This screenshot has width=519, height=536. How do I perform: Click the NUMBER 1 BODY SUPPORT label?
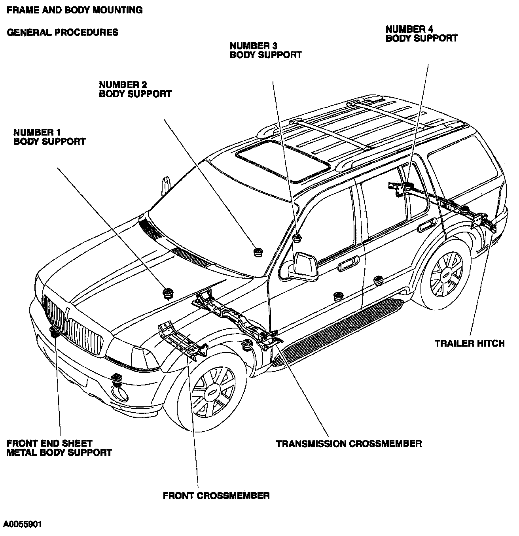coord(49,136)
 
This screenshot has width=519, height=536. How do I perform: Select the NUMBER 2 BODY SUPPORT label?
coord(135,89)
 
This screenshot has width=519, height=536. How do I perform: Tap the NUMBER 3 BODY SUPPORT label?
coord(265,50)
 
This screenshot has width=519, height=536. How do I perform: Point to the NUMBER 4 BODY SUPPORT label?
coord(421,34)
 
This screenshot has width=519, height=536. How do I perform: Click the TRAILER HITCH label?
coord(470,343)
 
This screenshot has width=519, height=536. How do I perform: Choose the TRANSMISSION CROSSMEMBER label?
coord(349,444)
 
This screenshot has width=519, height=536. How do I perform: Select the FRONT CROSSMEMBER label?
coord(216,495)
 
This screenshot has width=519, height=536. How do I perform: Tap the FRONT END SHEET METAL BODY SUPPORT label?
coord(59,448)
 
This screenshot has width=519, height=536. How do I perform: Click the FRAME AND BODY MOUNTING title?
coord(75,10)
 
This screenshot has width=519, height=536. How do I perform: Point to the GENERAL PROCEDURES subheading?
coord(63,32)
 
